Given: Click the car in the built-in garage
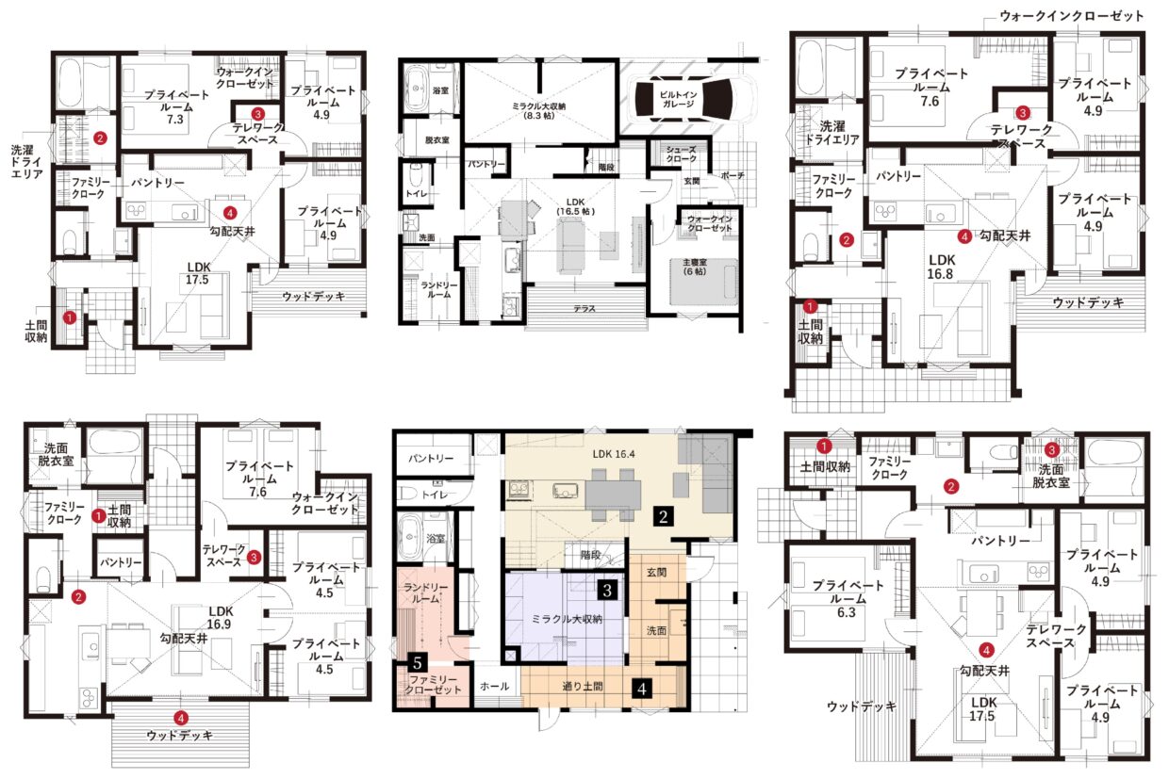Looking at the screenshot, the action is [690, 99].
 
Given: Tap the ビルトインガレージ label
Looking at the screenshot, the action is [679, 99].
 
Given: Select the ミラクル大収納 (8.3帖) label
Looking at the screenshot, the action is [539, 110].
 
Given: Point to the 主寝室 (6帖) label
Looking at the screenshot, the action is [695, 267].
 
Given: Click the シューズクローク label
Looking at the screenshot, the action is [681, 154].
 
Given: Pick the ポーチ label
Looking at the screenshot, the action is [733, 176].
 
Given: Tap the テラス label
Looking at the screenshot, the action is [584, 309].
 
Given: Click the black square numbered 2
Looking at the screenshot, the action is [663, 516].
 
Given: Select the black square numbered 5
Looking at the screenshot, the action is [417, 663].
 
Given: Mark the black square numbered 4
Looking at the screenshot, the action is [642, 689].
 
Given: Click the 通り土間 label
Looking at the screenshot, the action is [583, 686].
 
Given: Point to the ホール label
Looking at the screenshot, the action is [494, 686].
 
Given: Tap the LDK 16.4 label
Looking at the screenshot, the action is [614, 454].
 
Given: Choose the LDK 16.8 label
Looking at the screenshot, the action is [942, 267].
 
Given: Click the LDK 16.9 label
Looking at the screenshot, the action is [221, 617].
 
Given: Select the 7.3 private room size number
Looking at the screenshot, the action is [174, 120].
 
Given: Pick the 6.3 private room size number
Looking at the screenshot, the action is [846, 612].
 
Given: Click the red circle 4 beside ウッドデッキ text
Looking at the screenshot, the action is [181, 719].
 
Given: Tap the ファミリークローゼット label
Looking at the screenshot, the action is [433, 685].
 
